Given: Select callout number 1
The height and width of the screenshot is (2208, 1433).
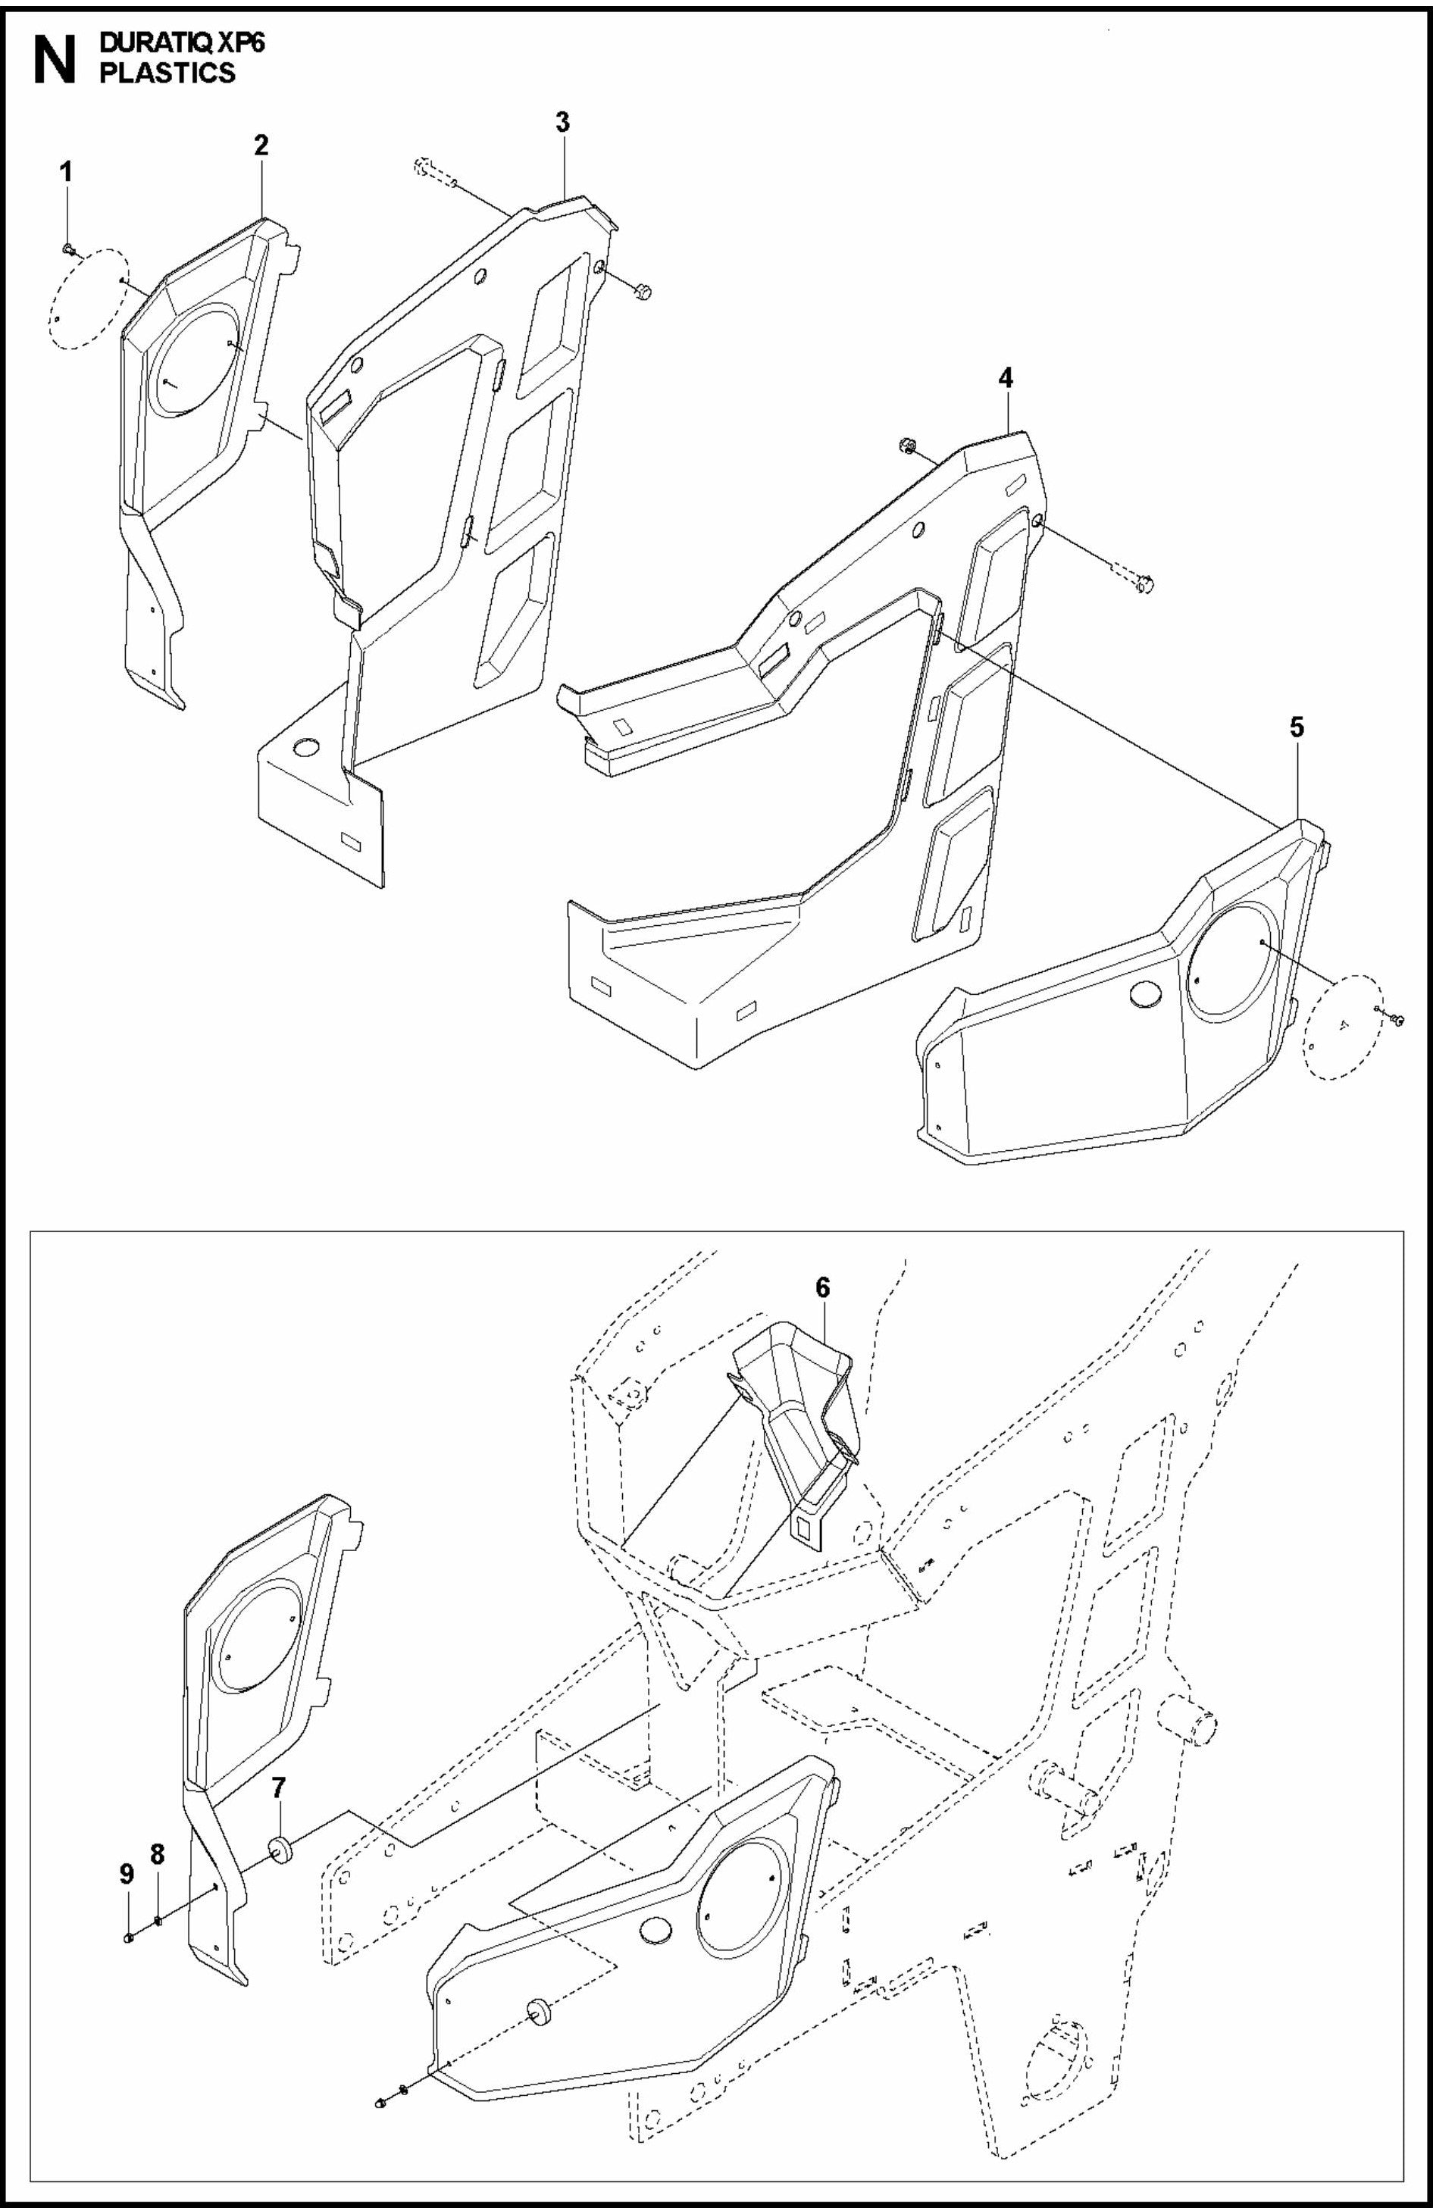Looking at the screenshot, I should click(x=66, y=173).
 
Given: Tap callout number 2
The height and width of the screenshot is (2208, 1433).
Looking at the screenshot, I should click(x=261, y=145).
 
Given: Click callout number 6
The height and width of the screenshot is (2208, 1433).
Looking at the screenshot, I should click(x=823, y=1289).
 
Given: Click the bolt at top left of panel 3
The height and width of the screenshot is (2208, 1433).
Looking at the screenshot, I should click(x=421, y=168).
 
